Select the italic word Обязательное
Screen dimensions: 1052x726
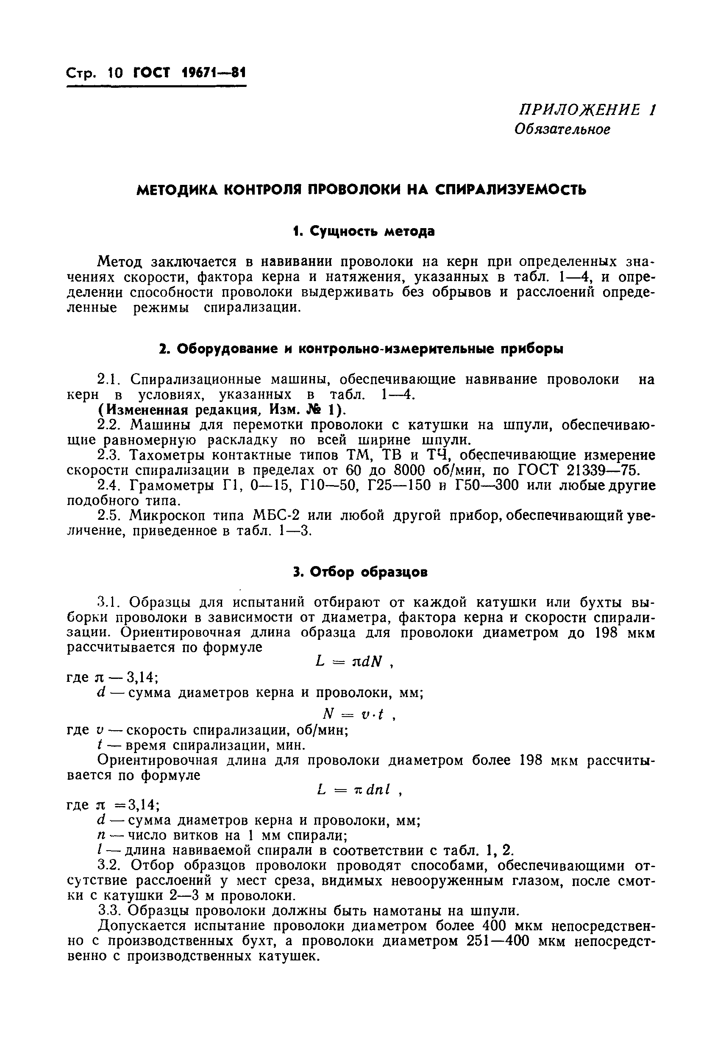562,130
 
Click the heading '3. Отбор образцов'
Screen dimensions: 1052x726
360,572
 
